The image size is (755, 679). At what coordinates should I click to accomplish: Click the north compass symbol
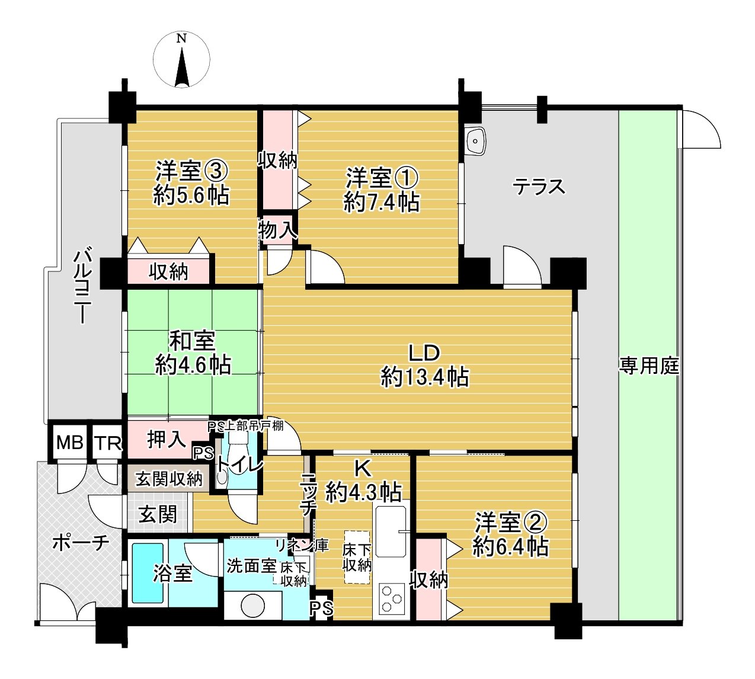(x=181, y=60)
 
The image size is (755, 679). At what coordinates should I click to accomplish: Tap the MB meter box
(x=70, y=442)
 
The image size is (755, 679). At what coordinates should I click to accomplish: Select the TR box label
(x=108, y=443)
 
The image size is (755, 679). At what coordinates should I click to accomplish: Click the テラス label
(x=539, y=187)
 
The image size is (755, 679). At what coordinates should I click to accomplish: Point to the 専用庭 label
(x=649, y=366)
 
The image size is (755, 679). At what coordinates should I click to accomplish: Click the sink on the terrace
(x=475, y=141)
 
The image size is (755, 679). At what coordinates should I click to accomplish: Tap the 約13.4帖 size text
(x=425, y=377)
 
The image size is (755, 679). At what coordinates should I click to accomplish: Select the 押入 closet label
(x=167, y=439)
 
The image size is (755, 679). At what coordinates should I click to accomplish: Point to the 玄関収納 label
(x=169, y=479)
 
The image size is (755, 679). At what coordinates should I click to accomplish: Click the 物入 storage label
(x=277, y=229)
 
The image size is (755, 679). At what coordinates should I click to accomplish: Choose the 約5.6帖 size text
(x=191, y=196)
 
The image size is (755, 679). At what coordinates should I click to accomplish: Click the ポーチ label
(x=81, y=542)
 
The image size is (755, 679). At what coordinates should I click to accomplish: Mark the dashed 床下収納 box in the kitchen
(x=357, y=558)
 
